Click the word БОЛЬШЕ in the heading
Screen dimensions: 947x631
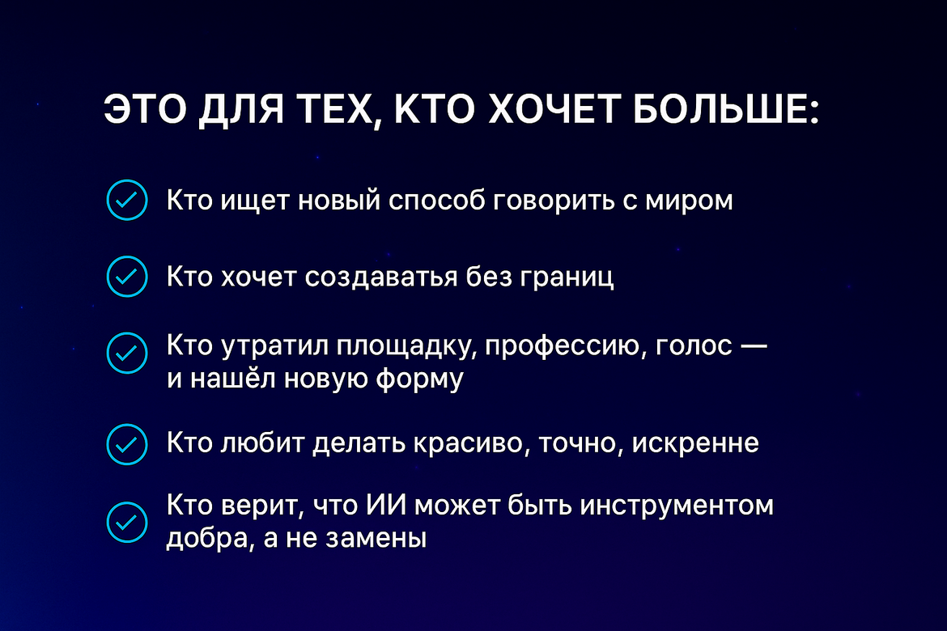(x=726, y=109)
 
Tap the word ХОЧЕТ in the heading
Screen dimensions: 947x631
(x=554, y=109)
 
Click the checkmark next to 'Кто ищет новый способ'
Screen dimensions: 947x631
(x=127, y=200)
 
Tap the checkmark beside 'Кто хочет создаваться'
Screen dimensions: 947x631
(x=127, y=277)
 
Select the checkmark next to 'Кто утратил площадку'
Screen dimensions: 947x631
(x=127, y=353)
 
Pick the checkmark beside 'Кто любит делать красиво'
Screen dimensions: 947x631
(x=127, y=444)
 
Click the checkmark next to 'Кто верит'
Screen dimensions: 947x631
(x=127, y=522)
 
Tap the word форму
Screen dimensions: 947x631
(x=420, y=379)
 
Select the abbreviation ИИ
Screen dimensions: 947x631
(x=386, y=505)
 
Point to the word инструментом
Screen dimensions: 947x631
(x=677, y=506)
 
